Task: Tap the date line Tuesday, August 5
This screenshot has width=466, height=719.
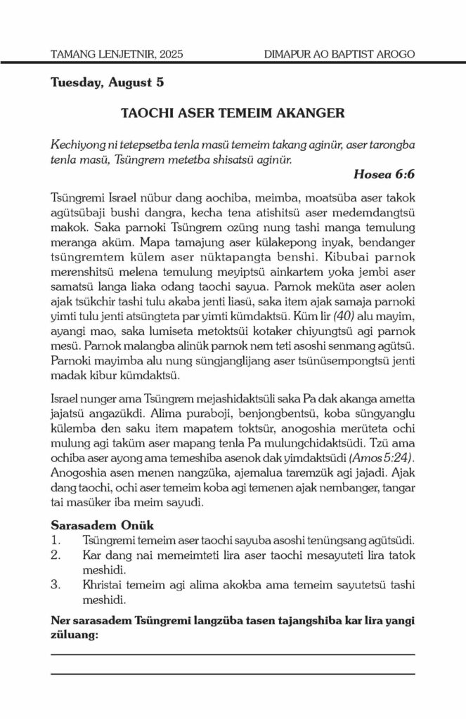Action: coord(107,84)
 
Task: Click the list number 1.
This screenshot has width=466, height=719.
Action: coord(56,540)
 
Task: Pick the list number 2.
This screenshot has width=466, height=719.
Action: coord(56,555)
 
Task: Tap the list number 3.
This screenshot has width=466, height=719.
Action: coord(56,586)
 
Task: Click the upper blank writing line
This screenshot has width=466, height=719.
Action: coord(233,654)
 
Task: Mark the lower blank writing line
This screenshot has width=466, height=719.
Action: coord(233,675)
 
